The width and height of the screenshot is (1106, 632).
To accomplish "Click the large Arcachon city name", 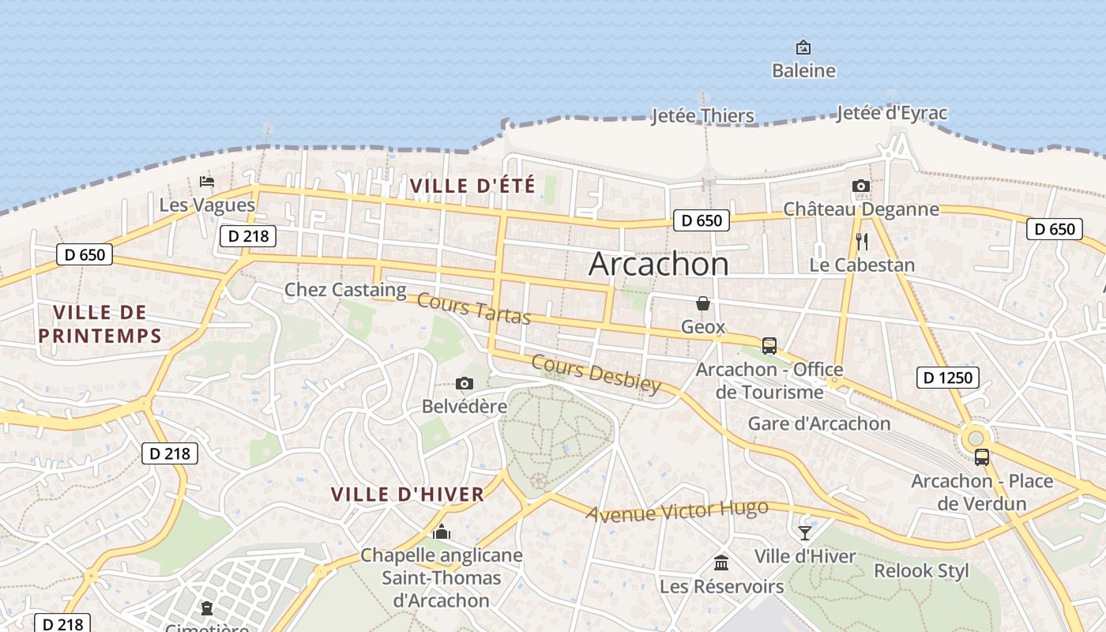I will (658, 264).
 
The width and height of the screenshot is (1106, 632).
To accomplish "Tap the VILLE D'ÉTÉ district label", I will (472, 186).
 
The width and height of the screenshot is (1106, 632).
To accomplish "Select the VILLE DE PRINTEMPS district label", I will (100, 324).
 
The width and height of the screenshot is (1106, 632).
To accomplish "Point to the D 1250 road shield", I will (948, 378).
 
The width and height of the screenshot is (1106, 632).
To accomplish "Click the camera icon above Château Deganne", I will (861, 186).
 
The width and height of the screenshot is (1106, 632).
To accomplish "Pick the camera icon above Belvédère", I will (465, 384).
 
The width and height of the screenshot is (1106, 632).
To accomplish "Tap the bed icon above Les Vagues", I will (207, 182).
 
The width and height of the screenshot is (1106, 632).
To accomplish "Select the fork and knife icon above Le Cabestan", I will (862, 241).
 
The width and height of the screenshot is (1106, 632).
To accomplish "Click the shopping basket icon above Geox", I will (702, 303).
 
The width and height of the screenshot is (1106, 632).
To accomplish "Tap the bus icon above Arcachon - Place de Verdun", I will (982, 457).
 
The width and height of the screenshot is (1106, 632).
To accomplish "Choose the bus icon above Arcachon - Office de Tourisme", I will (769, 345).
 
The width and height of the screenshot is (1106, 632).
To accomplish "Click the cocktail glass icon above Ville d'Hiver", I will (804, 532).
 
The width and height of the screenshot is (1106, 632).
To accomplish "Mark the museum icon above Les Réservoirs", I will (721, 562).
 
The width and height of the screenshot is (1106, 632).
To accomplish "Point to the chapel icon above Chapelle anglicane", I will (442, 532).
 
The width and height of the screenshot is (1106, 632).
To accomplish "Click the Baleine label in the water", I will (803, 70).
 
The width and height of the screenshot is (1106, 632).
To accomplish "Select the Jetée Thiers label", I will (702, 116).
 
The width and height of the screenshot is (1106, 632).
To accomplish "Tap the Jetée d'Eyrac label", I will (891, 113).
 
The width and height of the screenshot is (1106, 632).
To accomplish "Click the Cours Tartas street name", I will (473, 308).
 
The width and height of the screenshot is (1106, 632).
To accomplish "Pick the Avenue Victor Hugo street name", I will (677, 510).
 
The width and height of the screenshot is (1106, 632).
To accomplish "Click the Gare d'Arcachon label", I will (819, 423).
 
